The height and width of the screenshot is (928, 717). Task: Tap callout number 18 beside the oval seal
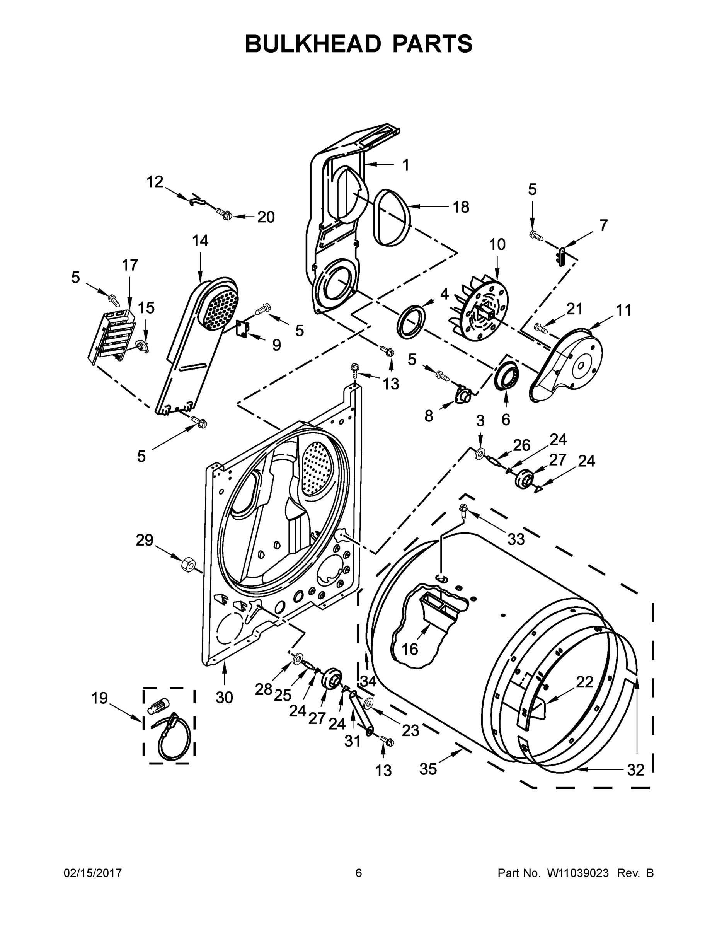click(460, 207)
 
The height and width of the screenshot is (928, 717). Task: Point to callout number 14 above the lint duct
click(200, 241)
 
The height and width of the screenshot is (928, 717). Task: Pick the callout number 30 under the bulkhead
click(224, 697)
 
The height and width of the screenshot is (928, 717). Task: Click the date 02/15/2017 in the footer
click(93, 873)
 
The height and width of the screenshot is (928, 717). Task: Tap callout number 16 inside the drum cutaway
click(409, 649)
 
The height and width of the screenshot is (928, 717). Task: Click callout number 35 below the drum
click(428, 769)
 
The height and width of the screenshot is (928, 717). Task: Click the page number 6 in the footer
click(359, 873)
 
